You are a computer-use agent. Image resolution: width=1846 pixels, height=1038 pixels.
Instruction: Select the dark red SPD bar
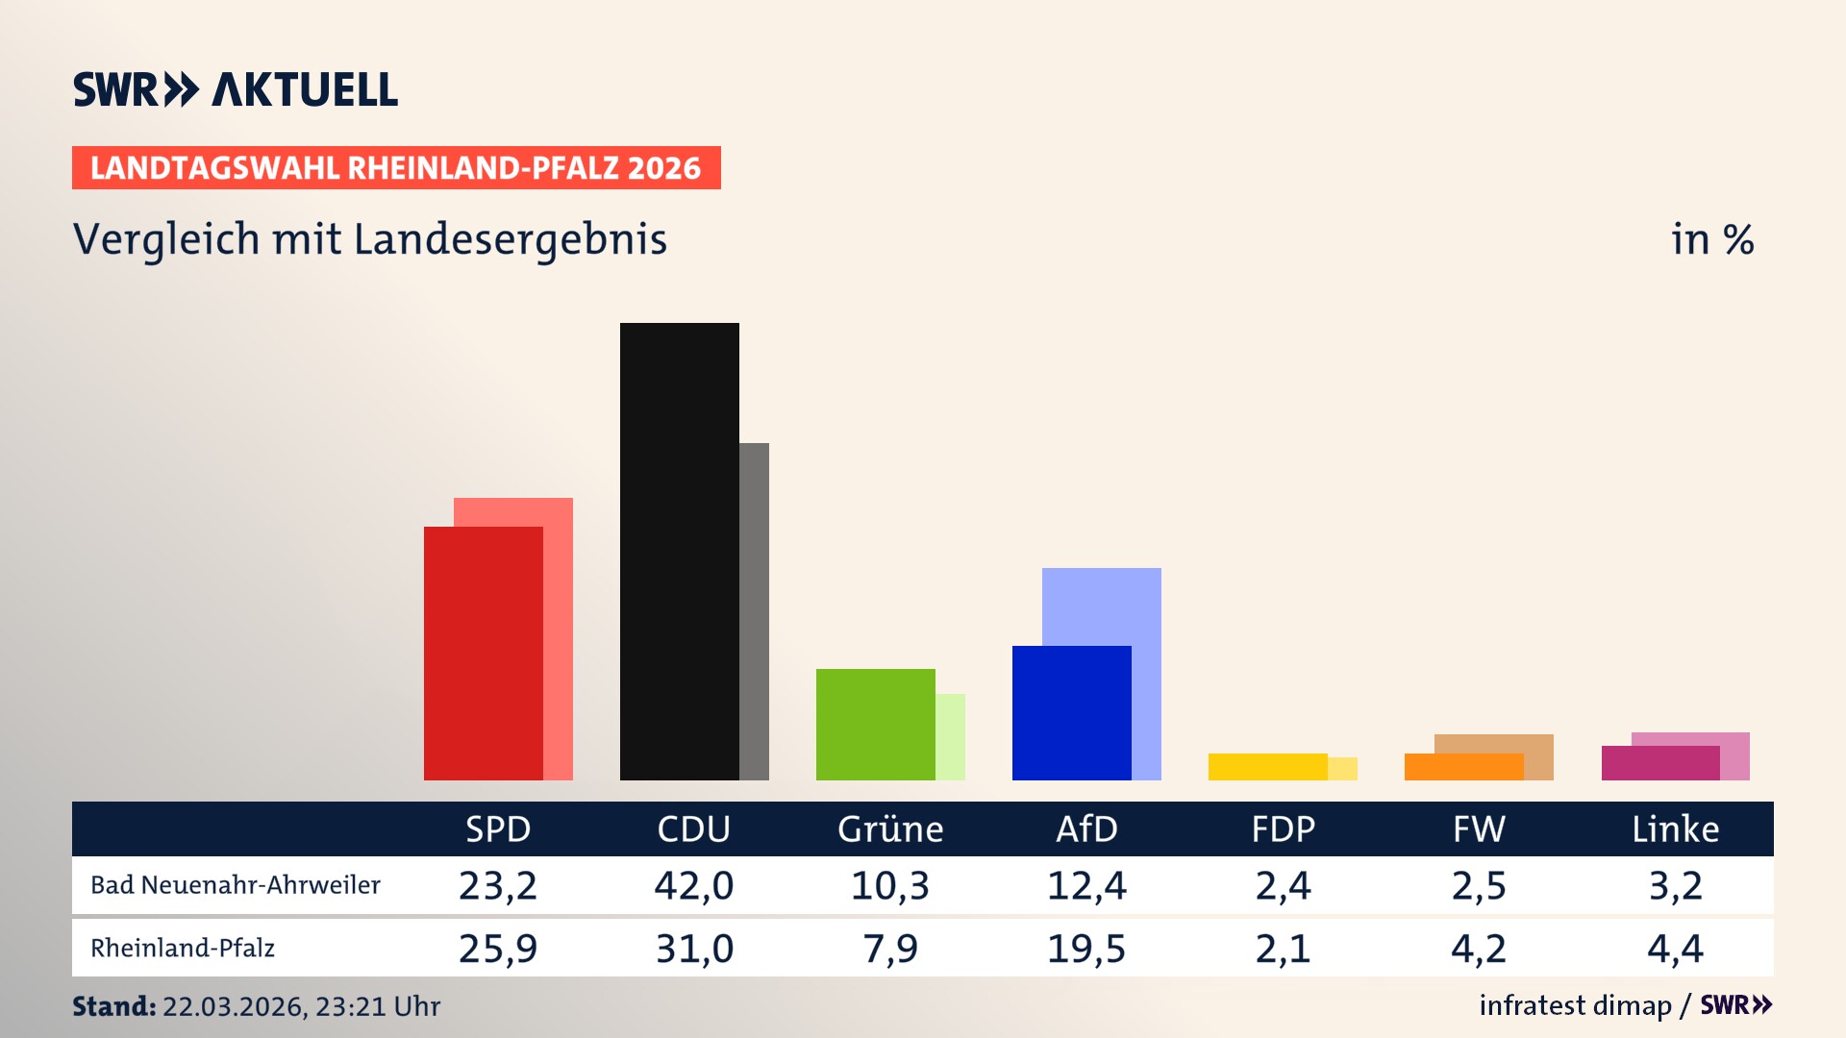pyautogui.click(x=483, y=654)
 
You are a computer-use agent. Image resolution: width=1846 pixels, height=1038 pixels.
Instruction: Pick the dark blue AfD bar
pyautogui.click(x=1071, y=712)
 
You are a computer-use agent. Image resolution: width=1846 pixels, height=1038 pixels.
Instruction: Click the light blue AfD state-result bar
pyautogui.click(x=1102, y=605)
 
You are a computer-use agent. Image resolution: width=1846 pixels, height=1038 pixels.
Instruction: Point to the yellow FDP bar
pyautogui.click(x=1267, y=766)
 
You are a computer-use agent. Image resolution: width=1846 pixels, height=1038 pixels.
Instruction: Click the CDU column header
pyautogui.click(x=693, y=828)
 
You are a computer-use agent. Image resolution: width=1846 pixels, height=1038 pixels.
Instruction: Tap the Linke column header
pyautogui.click(x=1675, y=828)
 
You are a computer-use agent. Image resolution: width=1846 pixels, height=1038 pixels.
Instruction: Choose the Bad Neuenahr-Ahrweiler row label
pyautogui.click(x=236, y=884)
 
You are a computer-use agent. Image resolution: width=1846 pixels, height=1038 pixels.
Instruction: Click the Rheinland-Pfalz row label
pyautogui.click(x=183, y=948)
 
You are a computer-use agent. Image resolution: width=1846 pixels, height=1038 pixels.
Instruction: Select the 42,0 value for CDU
pyautogui.click(x=693, y=885)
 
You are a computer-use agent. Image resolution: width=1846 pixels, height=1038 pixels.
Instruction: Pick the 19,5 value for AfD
pyautogui.click(x=1086, y=949)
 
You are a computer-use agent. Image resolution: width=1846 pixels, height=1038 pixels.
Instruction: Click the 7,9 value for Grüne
pyautogui.click(x=890, y=949)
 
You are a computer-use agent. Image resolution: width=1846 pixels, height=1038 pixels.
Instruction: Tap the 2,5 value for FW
pyautogui.click(x=1479, y=885)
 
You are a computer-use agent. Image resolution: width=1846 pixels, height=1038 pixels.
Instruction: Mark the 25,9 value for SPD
pyautogui.click(x=497, y=949)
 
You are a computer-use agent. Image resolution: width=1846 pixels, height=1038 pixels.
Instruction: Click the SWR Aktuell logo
pyautogui.click(x=236, y=89)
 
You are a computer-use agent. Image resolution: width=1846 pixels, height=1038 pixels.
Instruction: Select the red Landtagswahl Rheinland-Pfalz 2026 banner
pyautogui.click(x=396, y=167)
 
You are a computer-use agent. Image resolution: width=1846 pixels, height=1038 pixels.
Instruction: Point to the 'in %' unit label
pyautogui.click(x=1711, y=239)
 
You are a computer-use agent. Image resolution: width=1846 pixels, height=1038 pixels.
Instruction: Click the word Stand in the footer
pyautogui.click(x=113, y=1006)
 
